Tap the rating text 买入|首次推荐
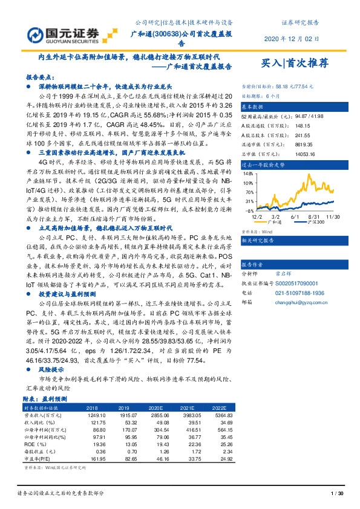coord(295,62)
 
